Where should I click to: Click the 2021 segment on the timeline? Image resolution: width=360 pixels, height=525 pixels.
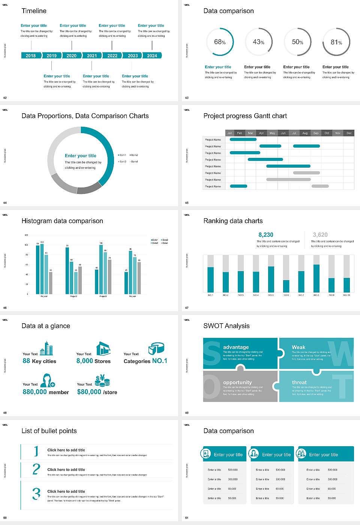click(x=92, y=55)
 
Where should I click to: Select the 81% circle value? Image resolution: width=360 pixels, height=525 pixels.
click(x=336, y=42)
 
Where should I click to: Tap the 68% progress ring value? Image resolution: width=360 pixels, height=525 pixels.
click(x=220, y=42)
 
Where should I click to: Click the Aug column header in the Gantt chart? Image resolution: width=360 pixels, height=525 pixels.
click(x=305, y=133)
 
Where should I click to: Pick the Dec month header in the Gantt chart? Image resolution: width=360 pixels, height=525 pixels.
click(x=349, y=133)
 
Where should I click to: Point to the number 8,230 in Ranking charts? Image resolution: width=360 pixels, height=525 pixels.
click(x=265, y=235)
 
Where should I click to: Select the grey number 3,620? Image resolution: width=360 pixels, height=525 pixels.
click(x=320, y=235)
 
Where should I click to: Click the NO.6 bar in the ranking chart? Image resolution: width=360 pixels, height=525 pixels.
click(x=286, y=286)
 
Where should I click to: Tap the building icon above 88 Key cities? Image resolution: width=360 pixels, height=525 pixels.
click(x=46, y=348)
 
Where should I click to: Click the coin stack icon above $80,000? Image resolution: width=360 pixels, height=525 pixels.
click(x=102, y=381)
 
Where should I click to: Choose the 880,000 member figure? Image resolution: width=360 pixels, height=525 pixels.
click(x=45, y=392)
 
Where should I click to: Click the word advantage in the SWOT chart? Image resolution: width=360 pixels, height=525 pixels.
click(x=235, y=347)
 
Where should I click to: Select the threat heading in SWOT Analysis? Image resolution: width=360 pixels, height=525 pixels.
click(x=299, y=382)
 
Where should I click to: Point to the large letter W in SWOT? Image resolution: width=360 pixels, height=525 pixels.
click(x=340, y=354)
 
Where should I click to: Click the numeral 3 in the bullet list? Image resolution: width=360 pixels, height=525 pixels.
click(x=36, y=493)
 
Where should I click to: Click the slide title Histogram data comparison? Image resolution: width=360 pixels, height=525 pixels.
click(x=62, y=221)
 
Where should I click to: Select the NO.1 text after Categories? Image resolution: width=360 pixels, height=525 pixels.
click(x=159, y=361)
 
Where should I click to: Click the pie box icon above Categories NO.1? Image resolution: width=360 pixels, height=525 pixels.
click(x=156, y=348)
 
